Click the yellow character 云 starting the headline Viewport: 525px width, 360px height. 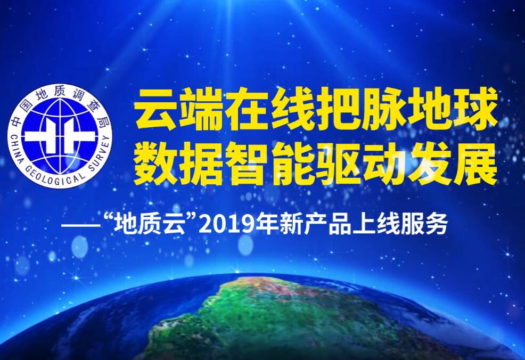point(155,109)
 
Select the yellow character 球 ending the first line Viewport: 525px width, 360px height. point(476,109)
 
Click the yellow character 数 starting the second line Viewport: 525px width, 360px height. point(155,164)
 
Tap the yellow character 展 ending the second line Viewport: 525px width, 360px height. point(476,164)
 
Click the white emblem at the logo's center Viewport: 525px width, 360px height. point(60,136)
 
